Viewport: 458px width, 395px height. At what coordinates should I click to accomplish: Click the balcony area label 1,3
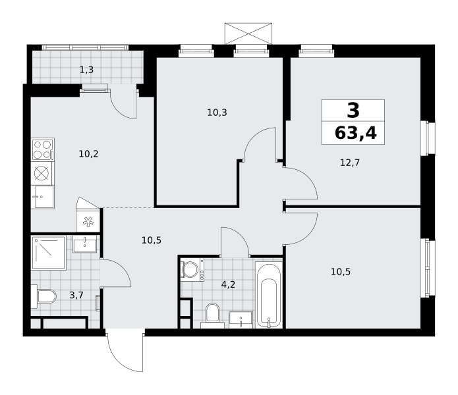[x=87, y=70]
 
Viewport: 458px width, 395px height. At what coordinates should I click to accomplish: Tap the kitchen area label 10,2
[x=88, y=154]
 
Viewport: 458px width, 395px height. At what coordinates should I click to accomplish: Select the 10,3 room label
[x=217, y=113]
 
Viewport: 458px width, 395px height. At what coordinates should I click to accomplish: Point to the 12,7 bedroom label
[x=350, y=163]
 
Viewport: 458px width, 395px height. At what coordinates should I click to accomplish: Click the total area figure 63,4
[x=355, y=133]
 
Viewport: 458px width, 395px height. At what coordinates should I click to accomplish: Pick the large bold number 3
[x=353, y=111]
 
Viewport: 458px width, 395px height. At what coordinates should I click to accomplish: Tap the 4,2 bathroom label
[x=228, y=284]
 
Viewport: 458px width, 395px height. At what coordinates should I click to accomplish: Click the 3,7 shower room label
[x=76, y=295]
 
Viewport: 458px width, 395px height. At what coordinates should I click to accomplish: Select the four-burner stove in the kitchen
[x=43, y=149]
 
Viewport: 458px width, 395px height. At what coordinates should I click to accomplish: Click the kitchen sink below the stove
[x=43, y=197]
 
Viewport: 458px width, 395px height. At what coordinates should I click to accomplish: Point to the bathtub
[x=269, y=295]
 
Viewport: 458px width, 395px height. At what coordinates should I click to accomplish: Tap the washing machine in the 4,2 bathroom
[x=192, y=269]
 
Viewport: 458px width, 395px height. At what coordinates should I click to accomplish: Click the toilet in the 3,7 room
[x=43, y=296]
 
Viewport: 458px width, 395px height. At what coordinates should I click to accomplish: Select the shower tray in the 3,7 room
[x=49, y=253]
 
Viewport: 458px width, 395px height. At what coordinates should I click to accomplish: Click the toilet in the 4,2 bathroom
[x=213, y=315]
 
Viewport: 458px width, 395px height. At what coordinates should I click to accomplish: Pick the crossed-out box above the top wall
[x=248, y=34]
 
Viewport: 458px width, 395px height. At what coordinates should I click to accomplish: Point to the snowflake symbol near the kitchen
[x=88, y=222]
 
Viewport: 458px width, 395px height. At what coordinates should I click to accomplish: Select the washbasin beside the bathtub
[x=241, y=319]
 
